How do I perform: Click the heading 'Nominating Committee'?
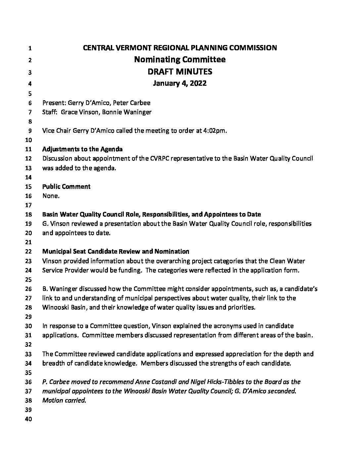(x=180, y=60)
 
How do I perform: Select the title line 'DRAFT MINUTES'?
(x=180, y=71)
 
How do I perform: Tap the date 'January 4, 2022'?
(x=180, y=83)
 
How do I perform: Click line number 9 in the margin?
(x=29, y=131)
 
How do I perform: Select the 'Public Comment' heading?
(x=66, y=187)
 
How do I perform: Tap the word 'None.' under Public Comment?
(x=51, y=196)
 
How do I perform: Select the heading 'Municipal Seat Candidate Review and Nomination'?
(x=116, y=252)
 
